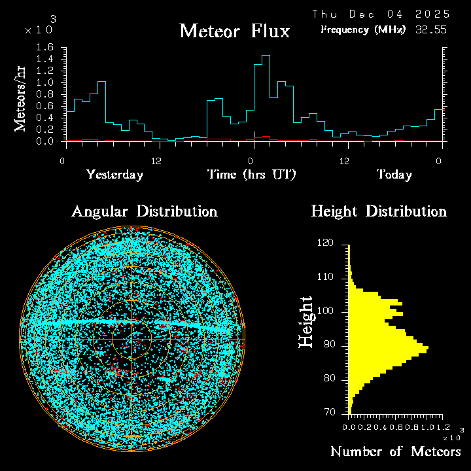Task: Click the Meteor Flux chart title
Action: (x=234, y=31)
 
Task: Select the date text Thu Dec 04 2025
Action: (x=381, y=14)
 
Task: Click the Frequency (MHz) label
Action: (x=363, y=29)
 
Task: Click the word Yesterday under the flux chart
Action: (x=114, y=175)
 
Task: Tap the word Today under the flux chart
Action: (x=394, y=175)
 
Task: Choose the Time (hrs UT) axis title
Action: (x=252, y=175)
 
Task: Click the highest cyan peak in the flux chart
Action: (x=266, y=56)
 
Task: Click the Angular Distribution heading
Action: (x=144, y=211)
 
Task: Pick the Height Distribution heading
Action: (x=379, y=211)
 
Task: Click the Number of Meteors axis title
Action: (x=395, y=451)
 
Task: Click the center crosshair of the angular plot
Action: (x=131, y=340)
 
